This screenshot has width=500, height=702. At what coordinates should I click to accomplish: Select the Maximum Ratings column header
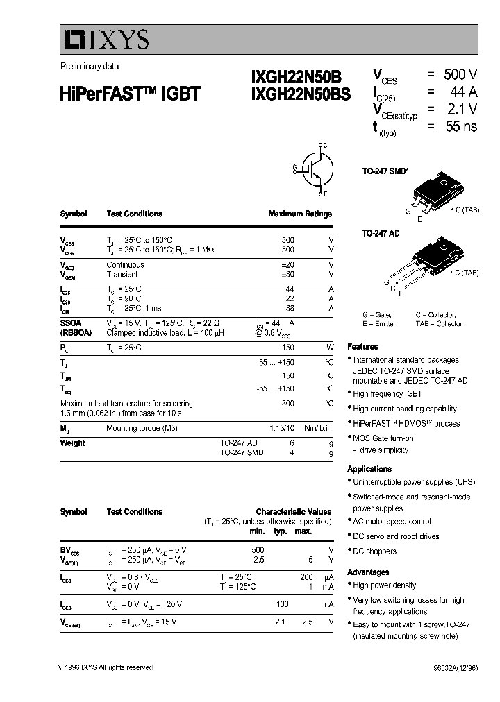pyautogui.click(x=300, y=214)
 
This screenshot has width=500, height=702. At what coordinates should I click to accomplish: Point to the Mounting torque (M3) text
pyautogui.click(x=142, y=428)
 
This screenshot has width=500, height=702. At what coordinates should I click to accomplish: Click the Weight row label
pyautogui.click(x=72, y=443)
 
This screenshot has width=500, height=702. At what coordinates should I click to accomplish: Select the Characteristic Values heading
pyautogui.click(x=293, y=511)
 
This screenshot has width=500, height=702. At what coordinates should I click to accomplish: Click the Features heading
pyautogui.click(x=362, y=346)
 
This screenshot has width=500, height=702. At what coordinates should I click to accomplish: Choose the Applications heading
pyautogui.click(x=369, y=469)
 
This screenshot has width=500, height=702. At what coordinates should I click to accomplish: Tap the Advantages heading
pyautogui.click(x=368, y=572)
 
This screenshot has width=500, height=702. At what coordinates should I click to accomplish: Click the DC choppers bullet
pyautogui.click(x=374, y=551)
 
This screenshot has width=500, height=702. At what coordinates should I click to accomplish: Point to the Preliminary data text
pyautogui.click(x=89, y=67)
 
